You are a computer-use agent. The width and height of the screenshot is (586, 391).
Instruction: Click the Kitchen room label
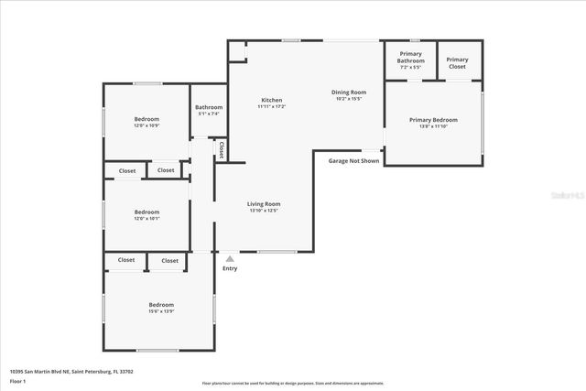pyautogui.click(x=272, y=100)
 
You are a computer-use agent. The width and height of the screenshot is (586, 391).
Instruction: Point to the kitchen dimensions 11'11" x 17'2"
pyautogui.click(x=272, y=107)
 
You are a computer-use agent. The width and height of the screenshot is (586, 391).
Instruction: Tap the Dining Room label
pyautogui.click(x=348, y=92)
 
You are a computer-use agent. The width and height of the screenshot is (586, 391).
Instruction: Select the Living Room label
pyautogui.click(x=264, y=203)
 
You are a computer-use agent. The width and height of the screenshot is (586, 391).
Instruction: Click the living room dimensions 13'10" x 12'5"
pyautogui.click(x=264, y=211)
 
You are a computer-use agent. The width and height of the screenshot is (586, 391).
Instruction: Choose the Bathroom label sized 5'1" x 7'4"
pyautogui.click(x=209, y=106)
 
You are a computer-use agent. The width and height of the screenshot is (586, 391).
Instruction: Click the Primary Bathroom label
pyautogui.click(x=410, y=57)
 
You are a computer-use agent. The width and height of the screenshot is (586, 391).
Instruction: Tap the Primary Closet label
pyautogui.click(x=457, y=63)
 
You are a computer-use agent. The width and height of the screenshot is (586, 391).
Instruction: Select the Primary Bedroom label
pyautogui.click(x=433, y=119)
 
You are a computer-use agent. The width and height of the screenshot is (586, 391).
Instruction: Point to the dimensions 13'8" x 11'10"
pyautogui.click(x=433, y=126)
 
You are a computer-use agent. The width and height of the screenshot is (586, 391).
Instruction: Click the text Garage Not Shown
pyautogui.click(x=353, y=160)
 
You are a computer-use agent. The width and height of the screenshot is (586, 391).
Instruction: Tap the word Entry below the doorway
pyautogui.click(x=230, y=268)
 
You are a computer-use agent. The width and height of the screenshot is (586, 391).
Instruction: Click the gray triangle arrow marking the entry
pyautogui.click(x=230, y=258)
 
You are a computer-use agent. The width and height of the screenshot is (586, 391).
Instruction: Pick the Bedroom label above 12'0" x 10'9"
pyautogui.click(x=146, y=119)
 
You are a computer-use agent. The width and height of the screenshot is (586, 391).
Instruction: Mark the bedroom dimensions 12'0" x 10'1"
pyautogui.click(x=146, y=219)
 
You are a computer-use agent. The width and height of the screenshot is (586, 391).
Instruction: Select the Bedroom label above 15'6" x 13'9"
pyautogui.click(x=161, y=304)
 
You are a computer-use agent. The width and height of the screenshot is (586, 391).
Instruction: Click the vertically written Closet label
pyautogui.click(x=221, y=148)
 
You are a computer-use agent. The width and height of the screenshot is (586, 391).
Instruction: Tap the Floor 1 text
pyautogui.click(x=17, y=380)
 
